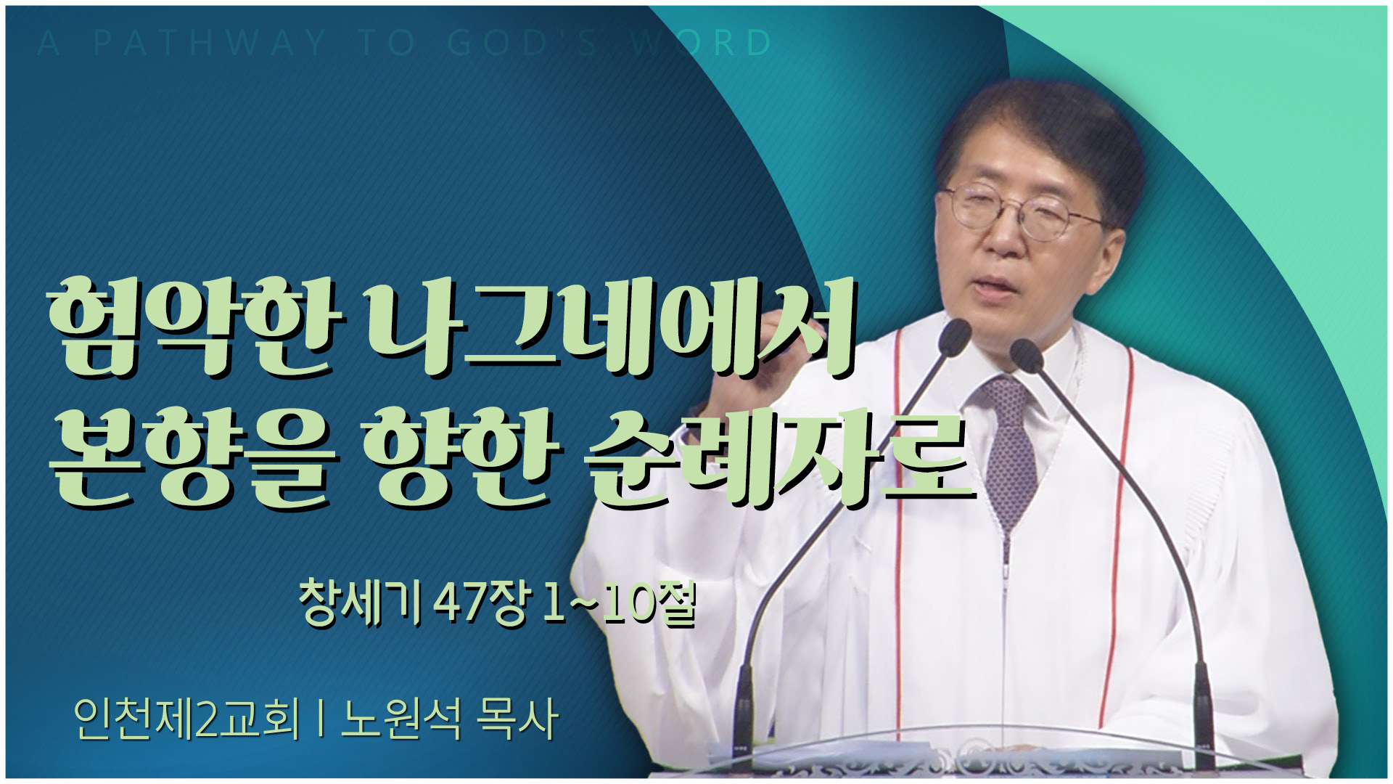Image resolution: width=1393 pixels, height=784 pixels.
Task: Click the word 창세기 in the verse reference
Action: point(361,602)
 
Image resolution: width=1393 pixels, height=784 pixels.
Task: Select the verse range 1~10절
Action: point(618,603)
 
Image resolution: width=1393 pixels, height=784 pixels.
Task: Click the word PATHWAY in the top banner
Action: point(209,44)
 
